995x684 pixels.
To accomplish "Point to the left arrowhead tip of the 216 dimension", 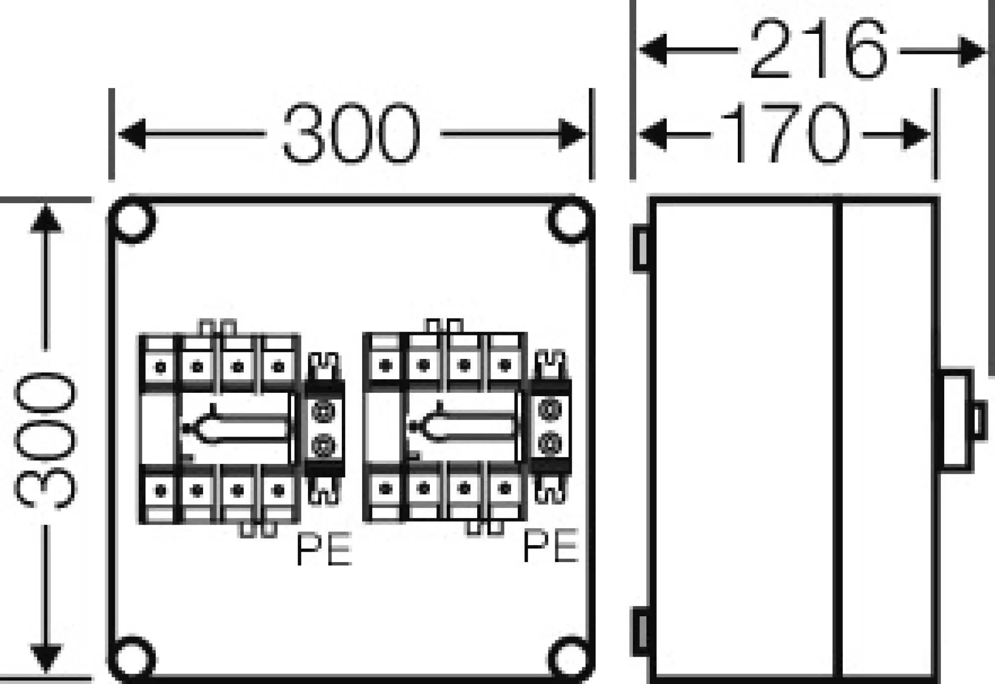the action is point(639,50).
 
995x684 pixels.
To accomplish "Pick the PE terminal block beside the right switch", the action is point(551,426).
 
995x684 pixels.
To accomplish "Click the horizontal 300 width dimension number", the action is point(351,133).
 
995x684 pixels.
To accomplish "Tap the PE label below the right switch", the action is point(551,546).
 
